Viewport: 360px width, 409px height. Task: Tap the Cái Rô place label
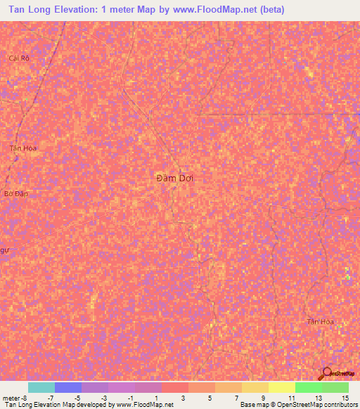[19, 58]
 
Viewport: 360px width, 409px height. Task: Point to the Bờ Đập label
[15, 193]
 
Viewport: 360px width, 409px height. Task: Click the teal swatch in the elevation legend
[41, 387]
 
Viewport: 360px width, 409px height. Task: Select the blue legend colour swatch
[67, 387]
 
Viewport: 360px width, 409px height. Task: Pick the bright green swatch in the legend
[308, 387]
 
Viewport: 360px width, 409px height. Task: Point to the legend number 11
[291, 397]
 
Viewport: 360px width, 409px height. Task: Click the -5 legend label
[78, 397]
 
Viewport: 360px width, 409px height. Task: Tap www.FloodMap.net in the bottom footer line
[144, 405]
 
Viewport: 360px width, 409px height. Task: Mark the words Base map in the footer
[252, 405]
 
